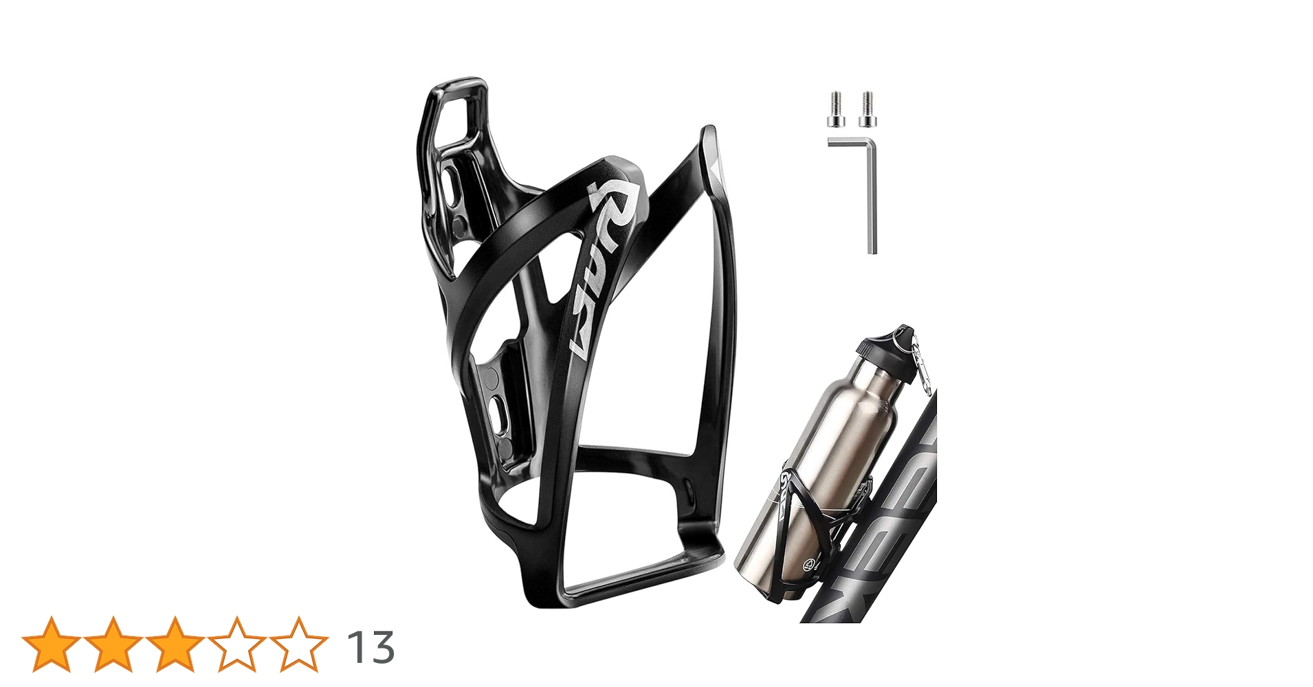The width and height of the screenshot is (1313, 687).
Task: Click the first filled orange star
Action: pyautogui.click(x=51, y=644)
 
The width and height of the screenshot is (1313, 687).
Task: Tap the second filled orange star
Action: pyautogui.click(x=113, y=644)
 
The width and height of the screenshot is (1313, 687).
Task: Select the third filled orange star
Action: pyautogui.click(x=175, y=644)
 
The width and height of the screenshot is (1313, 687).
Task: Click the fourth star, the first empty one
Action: pyautogui.click(x=236, y=644)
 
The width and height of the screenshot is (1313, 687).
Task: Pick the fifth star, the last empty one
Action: pyautogui.click(x=298, y=644)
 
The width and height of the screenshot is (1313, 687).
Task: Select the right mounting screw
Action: pyautogui.click(x=867, y=110)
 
